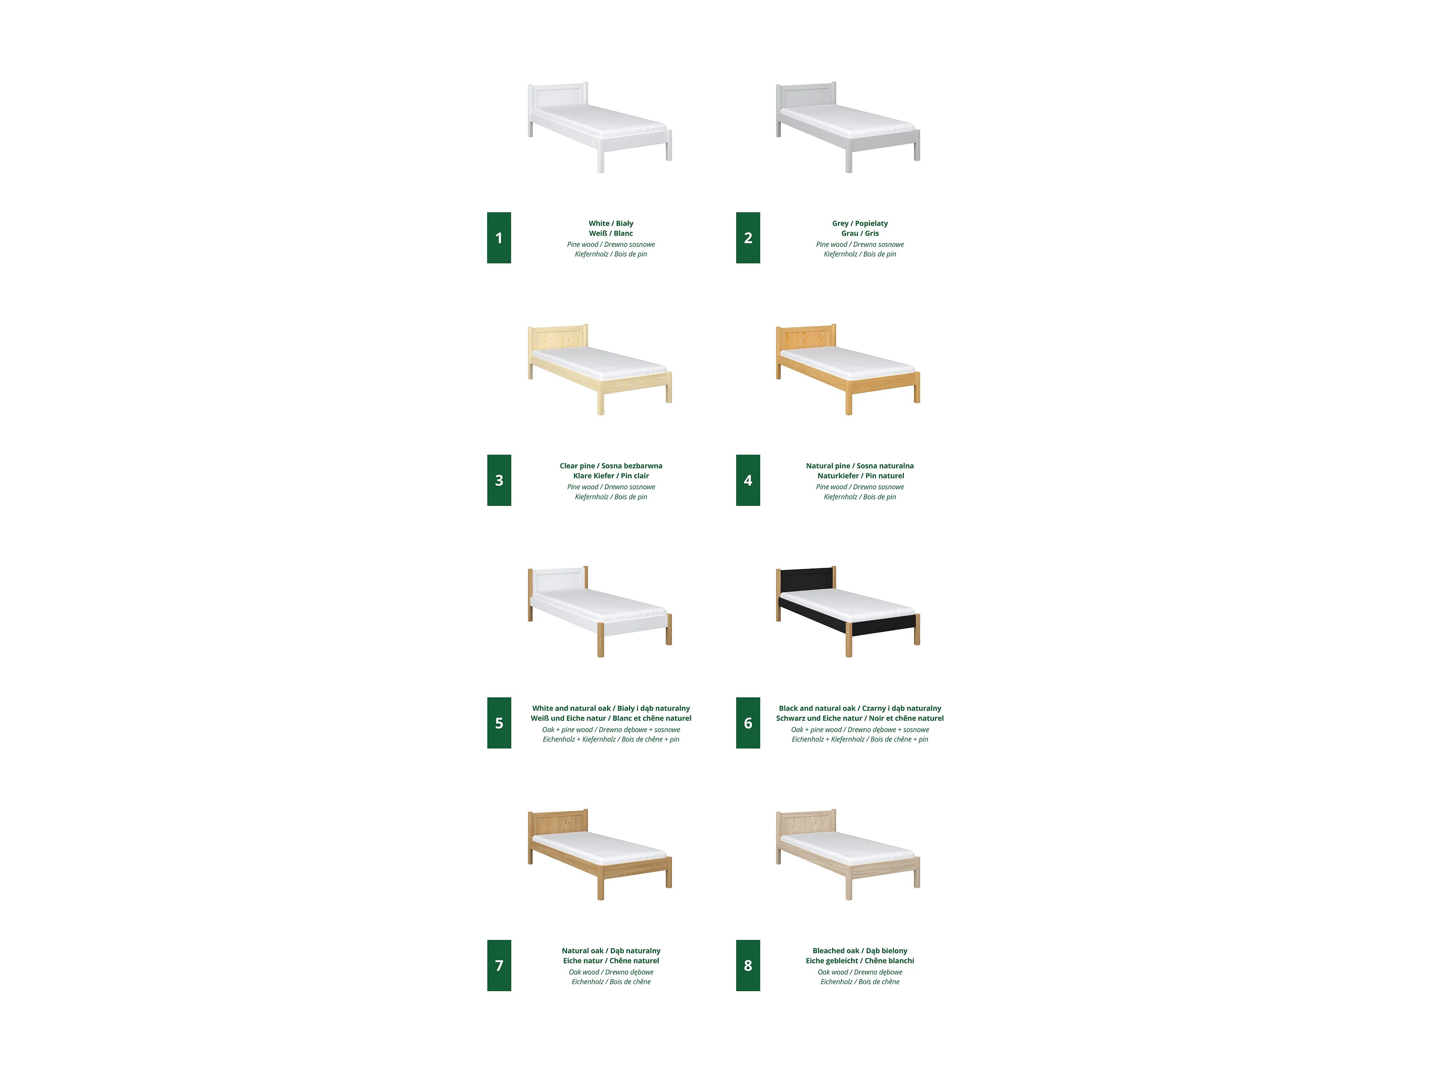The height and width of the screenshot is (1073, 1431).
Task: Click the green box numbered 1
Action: [x=499, y=237]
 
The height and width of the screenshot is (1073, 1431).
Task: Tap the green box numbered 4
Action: [x=748, y=480]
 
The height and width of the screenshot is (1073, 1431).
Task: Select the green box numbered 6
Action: [x=748, y=722]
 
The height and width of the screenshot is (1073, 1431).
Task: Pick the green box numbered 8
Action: [x=748, y=965]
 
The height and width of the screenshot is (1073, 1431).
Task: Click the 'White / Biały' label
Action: [x=611, y=223]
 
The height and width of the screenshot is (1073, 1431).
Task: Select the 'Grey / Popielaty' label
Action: [x=860, y=223]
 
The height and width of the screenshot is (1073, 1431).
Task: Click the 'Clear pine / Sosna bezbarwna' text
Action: [x=611, y=466]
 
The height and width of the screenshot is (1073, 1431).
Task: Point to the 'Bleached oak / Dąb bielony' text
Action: [x=860, y=951]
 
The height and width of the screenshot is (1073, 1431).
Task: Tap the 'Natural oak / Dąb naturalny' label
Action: [x=611, y=951]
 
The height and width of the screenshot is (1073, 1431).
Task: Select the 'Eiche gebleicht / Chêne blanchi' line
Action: [x=860, y=960]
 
